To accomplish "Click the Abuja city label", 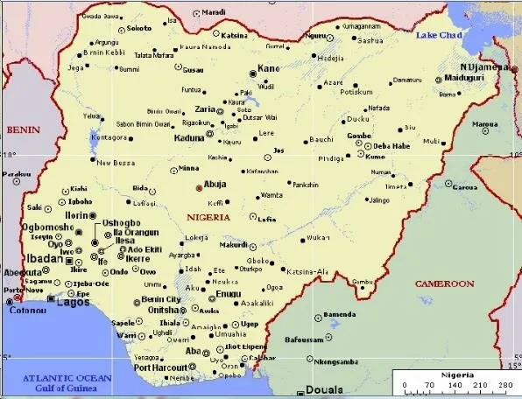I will (215, 185).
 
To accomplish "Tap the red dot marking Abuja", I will (198, 186).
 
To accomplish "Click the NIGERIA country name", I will (208, 215).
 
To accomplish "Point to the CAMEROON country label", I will (443, 284).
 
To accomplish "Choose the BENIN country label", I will (24, 129).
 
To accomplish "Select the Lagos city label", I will (74, 302).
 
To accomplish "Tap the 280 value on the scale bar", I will (505, 384).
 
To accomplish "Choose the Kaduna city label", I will (189, 138).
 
